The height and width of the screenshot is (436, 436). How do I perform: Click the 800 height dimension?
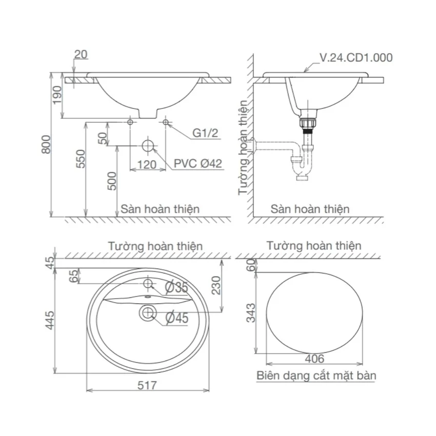coord(46,144)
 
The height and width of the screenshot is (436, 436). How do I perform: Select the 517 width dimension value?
coord(147,385)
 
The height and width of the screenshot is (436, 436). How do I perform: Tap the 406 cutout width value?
coord(314,359)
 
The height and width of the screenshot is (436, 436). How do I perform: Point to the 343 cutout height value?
coord(251,313)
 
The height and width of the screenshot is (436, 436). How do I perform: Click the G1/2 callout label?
coord(205,133)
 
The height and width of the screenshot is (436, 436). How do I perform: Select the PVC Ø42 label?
coord(197,164)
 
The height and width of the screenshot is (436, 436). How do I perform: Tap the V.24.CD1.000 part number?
coord(356,57)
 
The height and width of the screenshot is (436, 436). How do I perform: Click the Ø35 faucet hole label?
coord(176,287)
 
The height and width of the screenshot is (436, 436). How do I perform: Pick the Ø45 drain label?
coord(177,318)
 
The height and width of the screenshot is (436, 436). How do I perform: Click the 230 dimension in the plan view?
coord(216,285)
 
